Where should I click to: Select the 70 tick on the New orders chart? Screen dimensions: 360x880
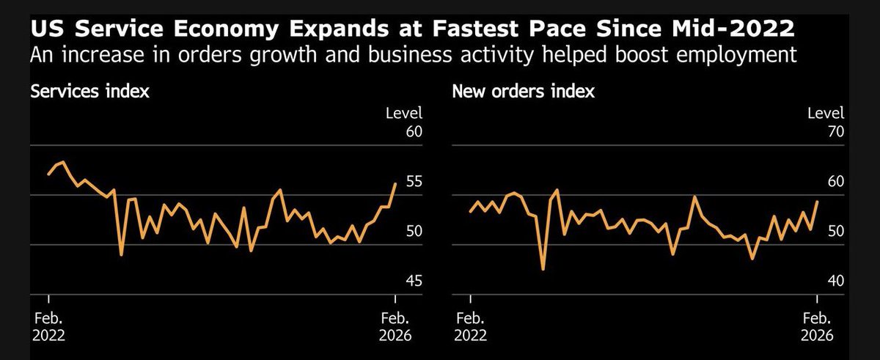click(835, 132)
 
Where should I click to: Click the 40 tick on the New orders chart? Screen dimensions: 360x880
click(835, 281)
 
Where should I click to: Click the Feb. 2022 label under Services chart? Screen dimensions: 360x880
click(48, 327)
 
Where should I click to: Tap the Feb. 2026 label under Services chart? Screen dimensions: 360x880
click(396, 327)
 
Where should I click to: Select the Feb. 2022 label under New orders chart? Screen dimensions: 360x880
click(470, 327)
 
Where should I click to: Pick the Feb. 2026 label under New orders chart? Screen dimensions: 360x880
click(818, 327)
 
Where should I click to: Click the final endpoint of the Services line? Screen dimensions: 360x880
click(396, 183)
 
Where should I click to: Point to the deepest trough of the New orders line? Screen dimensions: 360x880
click(543, 269)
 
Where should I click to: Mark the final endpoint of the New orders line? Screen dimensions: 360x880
click(818, 201)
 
